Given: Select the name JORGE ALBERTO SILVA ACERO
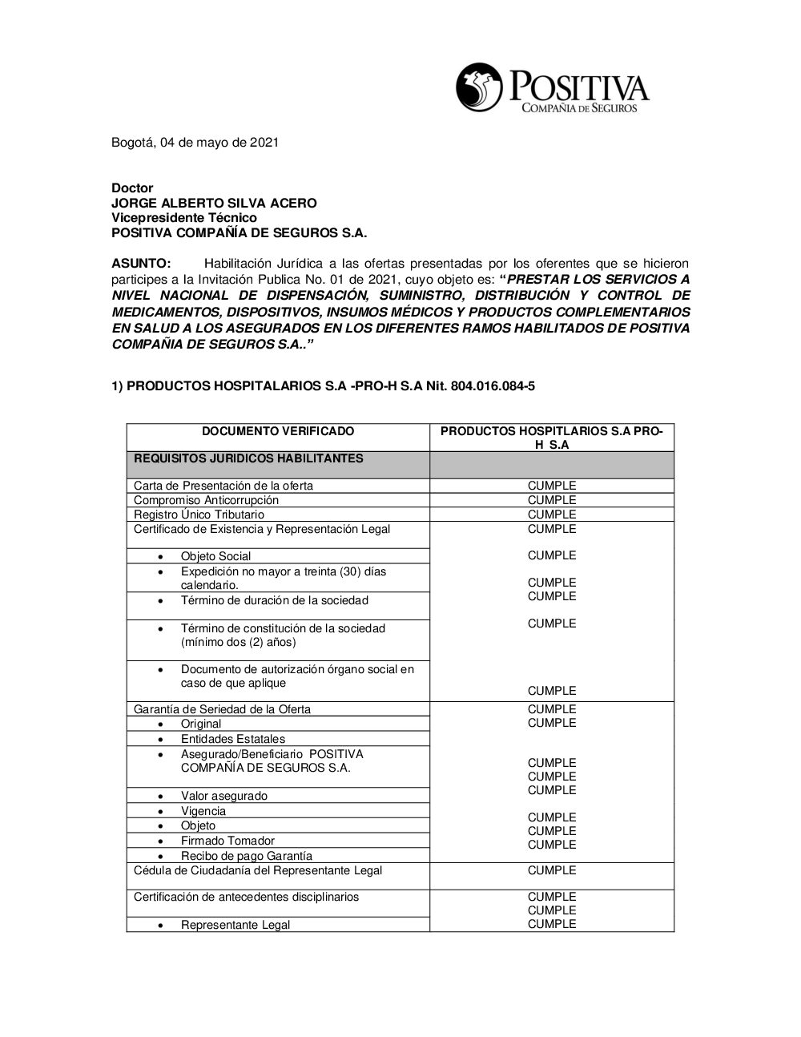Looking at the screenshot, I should tap(214, 203).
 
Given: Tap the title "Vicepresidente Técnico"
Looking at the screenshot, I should tap(184, 218).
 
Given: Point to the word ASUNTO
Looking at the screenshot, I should tap(141, 264).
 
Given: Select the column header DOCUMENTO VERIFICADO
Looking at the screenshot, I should tap(278, 431).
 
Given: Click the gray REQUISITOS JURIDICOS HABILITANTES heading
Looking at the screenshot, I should tap(248, 459).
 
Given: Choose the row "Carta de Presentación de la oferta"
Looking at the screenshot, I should tap(223, 486).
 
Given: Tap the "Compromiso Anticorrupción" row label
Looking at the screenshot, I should tap(207, 500).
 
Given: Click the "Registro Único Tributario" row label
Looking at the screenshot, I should tap(199, 514).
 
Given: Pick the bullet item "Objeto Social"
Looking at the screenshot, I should tap(215, 556).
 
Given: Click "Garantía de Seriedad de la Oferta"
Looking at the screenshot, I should tap(222, 709).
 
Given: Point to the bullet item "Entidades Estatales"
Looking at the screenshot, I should tap(233, 739).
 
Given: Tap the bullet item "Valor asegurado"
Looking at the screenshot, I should tap(224, 796).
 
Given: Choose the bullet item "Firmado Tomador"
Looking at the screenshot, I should tap(227, 841).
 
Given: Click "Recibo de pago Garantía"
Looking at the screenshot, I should tap(247, 856).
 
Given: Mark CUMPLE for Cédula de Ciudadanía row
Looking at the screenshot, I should tap(552, 870).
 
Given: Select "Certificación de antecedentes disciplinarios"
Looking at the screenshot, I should tap(246, 897).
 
